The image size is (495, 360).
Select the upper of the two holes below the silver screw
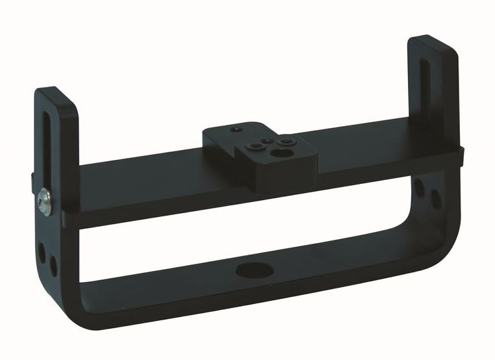tap(41, 248)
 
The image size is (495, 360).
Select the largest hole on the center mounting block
tap(283, 154)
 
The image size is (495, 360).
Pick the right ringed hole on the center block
tap(285, 140)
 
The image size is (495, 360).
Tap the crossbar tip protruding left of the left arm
tap(32, 179)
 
